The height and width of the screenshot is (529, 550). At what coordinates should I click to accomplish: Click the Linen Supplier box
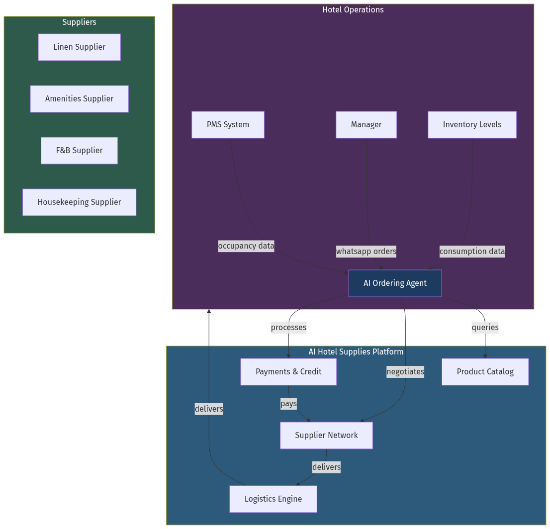(79, 47)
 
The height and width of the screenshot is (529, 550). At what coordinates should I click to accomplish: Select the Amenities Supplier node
(79, 99)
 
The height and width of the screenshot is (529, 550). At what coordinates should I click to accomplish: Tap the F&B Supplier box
(79, 151)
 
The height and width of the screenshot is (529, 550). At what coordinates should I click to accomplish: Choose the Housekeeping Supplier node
(79, 202)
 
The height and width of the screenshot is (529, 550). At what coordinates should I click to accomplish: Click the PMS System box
(228, 125)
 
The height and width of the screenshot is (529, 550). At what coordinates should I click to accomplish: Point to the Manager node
(366, 125)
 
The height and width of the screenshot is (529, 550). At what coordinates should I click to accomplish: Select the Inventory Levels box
(472, 125)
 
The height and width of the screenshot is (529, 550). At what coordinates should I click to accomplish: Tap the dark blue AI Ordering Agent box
(395, 283)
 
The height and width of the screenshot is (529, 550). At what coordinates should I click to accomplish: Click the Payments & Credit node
(288, 372)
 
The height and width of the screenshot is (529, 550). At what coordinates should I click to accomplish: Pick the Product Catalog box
(485, 372)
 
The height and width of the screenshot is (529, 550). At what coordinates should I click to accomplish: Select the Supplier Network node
(326, 436)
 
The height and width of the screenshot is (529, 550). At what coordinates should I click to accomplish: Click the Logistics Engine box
(273, 499)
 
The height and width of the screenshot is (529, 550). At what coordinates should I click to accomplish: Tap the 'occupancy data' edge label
(246, 246)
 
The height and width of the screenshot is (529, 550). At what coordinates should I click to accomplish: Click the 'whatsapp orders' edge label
(366, 252)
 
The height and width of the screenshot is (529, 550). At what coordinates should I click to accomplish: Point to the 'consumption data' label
(472, 252)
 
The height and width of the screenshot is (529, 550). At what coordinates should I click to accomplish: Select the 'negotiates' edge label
(405, 372)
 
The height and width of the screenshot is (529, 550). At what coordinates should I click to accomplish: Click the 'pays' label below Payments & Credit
(288, 404)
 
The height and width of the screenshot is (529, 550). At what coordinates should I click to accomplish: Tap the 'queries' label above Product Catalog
(485, 328)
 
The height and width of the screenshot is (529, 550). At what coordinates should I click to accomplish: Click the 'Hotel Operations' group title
(353, 10)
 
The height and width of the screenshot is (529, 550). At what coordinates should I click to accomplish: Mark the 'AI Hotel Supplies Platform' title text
(356, 352)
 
